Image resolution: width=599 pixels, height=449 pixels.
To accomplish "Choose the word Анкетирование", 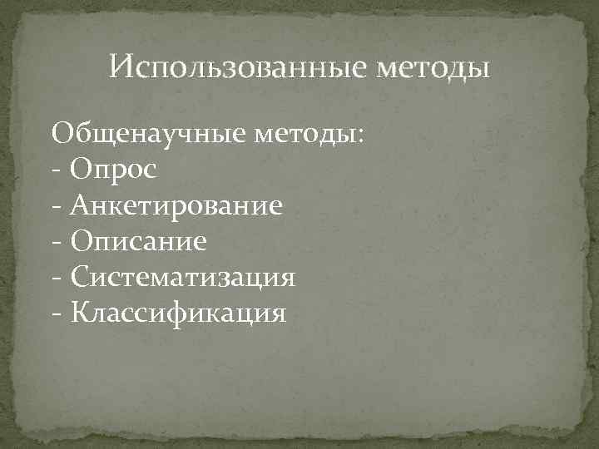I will click(176, 205).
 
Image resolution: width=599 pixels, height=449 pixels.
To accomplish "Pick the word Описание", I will click(137, 241).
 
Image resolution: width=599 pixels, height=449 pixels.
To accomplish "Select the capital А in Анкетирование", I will click(80, 204).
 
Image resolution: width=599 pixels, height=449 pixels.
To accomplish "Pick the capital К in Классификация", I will click(80, 313).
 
